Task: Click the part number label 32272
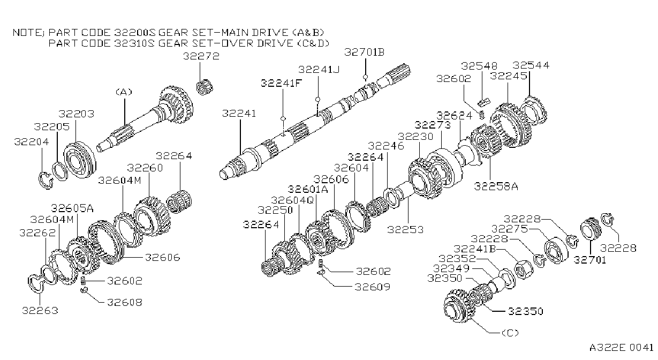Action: [x=201, y=56]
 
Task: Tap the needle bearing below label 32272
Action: [x=205, y=87]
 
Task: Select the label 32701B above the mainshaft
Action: [x=364, y=52]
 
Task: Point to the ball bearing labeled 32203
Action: [x=80, y=160]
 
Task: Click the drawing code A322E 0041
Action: [x=621, y=348]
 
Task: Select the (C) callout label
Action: [x=510, y=333]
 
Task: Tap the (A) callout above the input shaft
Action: [x=124, y=92]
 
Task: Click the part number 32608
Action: [x=125, y=302]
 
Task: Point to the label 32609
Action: [x=373, y=287]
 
